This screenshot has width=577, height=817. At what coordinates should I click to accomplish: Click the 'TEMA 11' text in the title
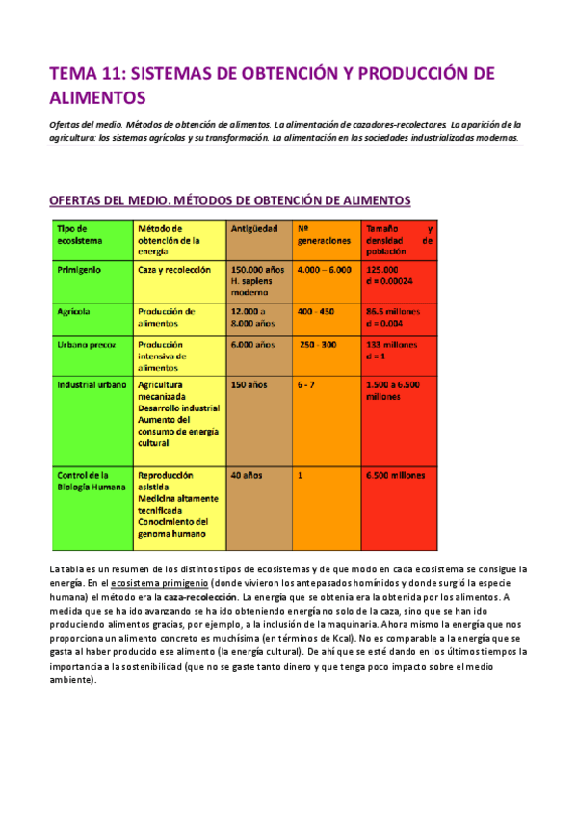click(x=84, y=74)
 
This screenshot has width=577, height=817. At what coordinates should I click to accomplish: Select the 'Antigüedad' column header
click(x=255, y=228)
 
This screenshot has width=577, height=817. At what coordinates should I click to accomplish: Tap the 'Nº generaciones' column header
click(x=324, y=234)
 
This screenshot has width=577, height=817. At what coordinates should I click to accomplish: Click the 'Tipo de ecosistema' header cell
click(x=77, y=234)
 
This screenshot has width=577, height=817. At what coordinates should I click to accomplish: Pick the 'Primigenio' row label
click(x=80, y=270)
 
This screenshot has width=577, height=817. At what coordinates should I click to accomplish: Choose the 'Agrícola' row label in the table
click(x=73, y=312)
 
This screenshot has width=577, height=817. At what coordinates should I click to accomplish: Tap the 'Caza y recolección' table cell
click(x=174, y=270)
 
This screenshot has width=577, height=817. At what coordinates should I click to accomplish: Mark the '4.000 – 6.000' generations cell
click(x=325, y=270)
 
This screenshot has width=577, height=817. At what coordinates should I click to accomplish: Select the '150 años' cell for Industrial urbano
click(x=249, y=384)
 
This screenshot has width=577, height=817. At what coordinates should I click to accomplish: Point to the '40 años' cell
click(x=247, y=475)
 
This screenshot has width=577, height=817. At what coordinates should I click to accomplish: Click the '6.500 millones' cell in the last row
click(x=395, y=475)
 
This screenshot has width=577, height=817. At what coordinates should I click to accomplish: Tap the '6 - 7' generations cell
click(x=305, y=384)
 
